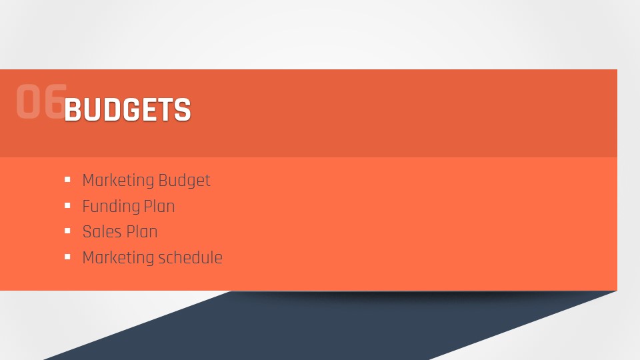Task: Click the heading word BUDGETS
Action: click(127, 109)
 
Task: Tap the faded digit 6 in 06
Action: click(54, 101)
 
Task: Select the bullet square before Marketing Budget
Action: click(67, 179)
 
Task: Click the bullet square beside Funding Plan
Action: click(67, 205)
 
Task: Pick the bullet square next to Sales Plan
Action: click(67, 231)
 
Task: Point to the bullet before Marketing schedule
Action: click(67, 257)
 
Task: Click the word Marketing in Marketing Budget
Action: click(118, 181)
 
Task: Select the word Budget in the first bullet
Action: click(184, 181)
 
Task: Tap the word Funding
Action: click(111, 207)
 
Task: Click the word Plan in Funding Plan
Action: click(159, 206)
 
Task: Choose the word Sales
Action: click(102, 232)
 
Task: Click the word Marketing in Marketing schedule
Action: click(118, 258)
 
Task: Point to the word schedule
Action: click(190, 257)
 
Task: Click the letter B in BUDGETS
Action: click(72, 110)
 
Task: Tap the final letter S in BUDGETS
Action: click(183, 110)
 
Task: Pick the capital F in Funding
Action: click(86, 207)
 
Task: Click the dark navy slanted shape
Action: click(327, 327)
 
